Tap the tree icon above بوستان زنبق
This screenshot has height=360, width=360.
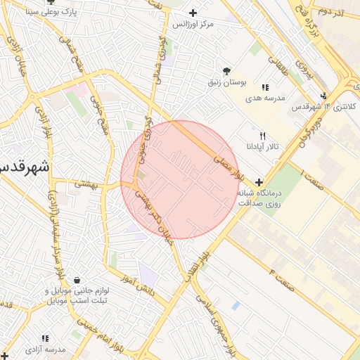pos(226,71)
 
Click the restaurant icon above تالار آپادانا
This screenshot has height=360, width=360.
pos(262,136)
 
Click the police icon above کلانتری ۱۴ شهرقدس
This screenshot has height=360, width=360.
pos(323,96)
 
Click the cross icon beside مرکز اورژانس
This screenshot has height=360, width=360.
pos(193,13)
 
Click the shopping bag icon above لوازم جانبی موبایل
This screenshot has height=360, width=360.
pos(76,280)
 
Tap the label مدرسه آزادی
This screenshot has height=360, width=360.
pos(45,349)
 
